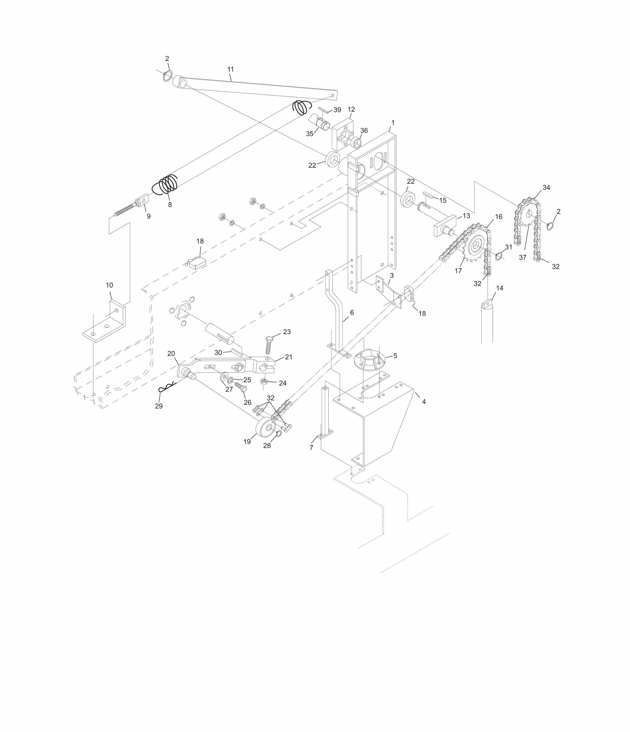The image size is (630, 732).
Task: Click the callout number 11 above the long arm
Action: [230, 69]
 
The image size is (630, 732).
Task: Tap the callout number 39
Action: [337, 110]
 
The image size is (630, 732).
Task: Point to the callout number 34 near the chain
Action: [546, 188]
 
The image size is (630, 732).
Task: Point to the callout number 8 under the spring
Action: [170, 204]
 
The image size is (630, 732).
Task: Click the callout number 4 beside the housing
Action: [424, 402]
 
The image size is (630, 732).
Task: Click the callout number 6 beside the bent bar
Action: [352, 312]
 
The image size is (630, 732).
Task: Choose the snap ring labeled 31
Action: [498, 256]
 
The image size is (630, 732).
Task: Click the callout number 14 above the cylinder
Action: [499, 288]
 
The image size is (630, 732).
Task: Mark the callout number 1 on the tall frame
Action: [393, 122]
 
